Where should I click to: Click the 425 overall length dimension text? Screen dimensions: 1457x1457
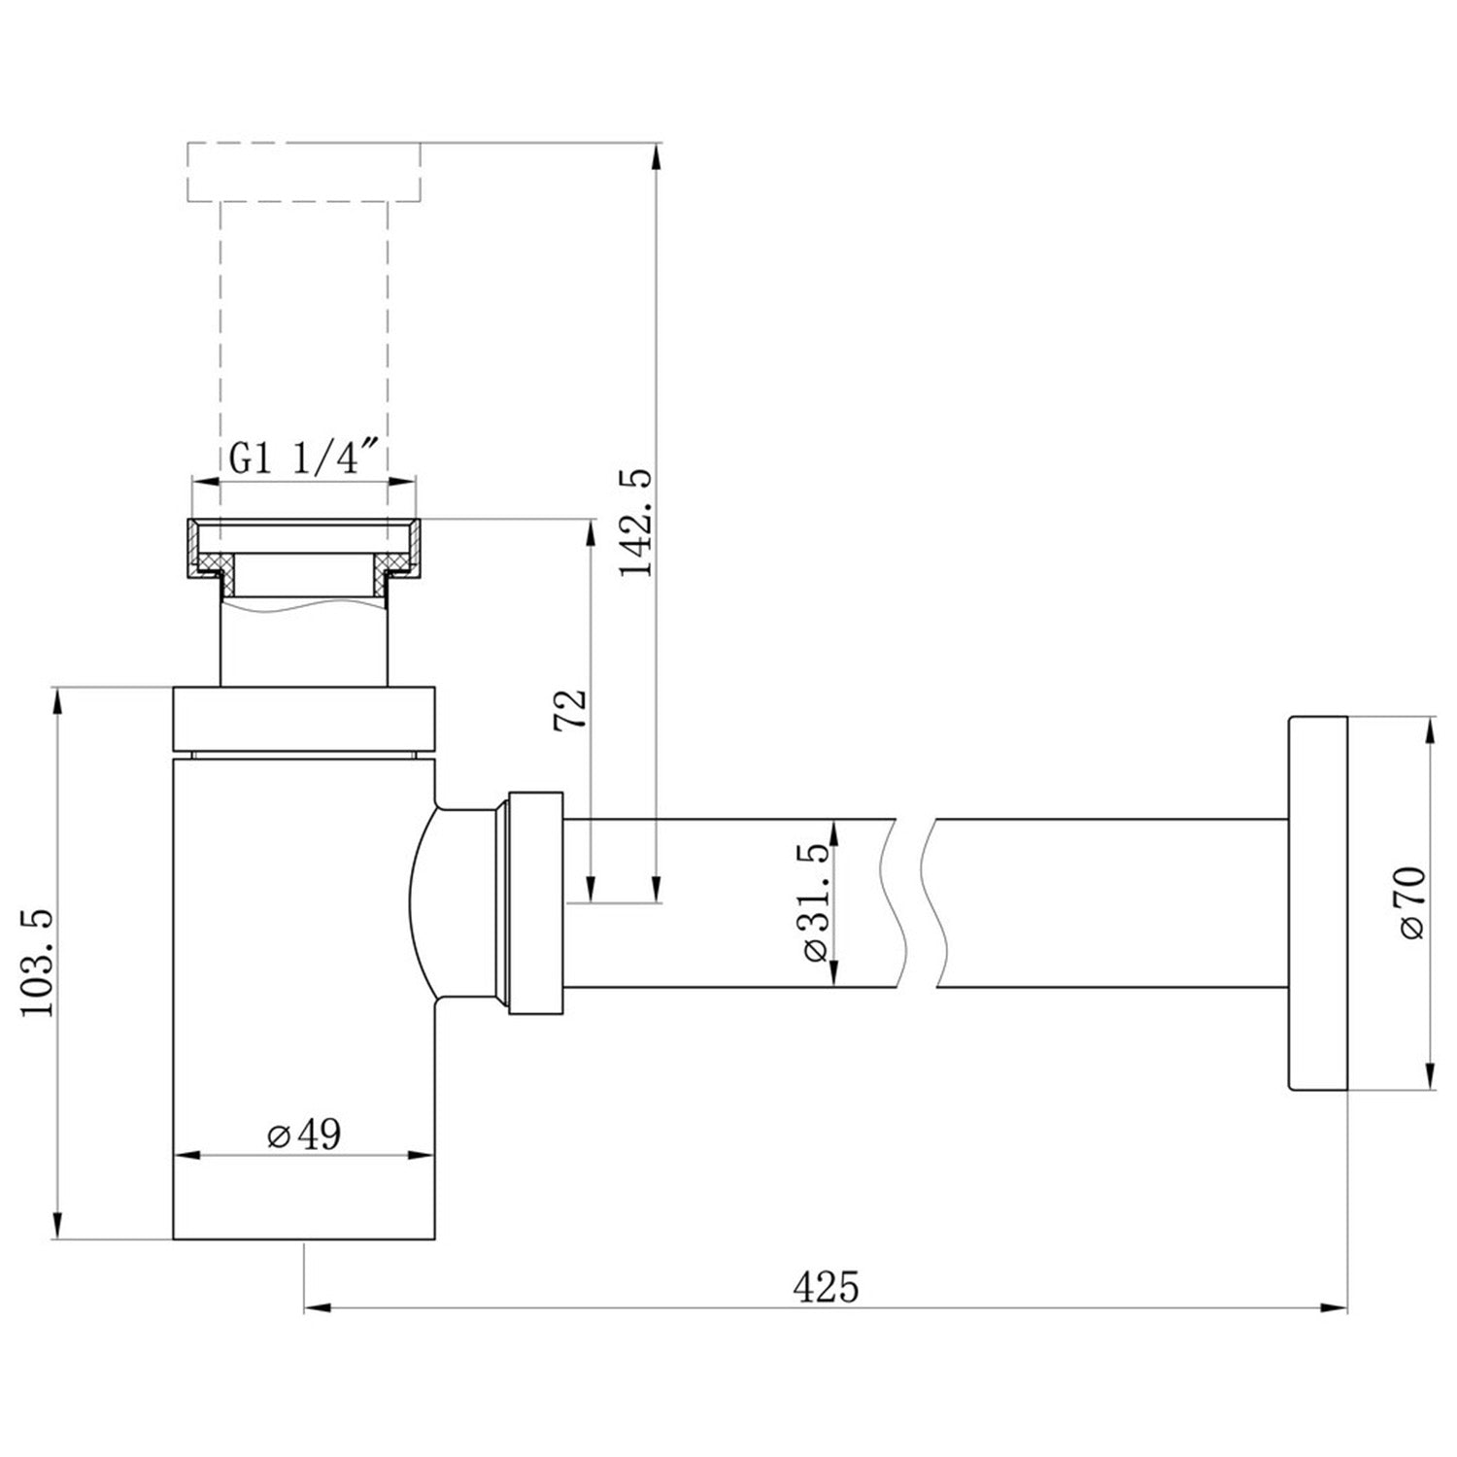pyautogui.click(x=826, y=1287)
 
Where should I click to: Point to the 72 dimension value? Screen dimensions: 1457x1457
pyautogui.click(x=570, y=710)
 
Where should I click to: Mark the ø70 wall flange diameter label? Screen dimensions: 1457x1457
pyautogui.click(x=1410, y=901)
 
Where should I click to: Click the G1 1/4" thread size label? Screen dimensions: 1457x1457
pyautogui.click(x=303, y=458)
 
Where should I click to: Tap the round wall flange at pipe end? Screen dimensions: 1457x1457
pyautogui.click(x=1317, y=903)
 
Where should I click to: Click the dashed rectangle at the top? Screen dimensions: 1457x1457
pyautogui.click(x=303, y=172)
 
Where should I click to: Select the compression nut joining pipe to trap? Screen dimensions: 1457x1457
pyautogui.click(x=534, y=903)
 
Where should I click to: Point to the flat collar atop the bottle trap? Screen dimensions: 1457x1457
pyautogui.click(x=303, y=720)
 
